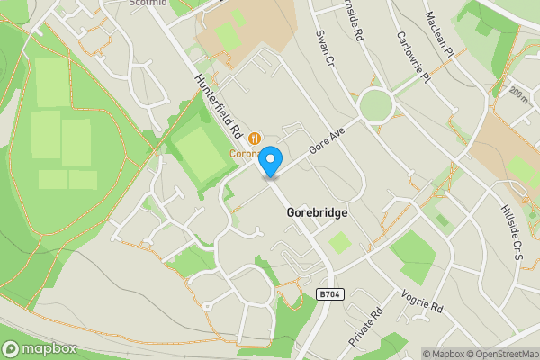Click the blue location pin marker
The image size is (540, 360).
pos(271,160)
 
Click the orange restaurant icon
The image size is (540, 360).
pos(256,138)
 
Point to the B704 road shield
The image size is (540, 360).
pos(330,293)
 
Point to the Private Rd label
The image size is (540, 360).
pos(365,327)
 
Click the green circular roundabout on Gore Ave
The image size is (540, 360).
pos(375,106)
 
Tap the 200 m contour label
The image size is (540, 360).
pos(517,93)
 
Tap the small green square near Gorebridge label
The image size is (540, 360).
pos(339,242)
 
